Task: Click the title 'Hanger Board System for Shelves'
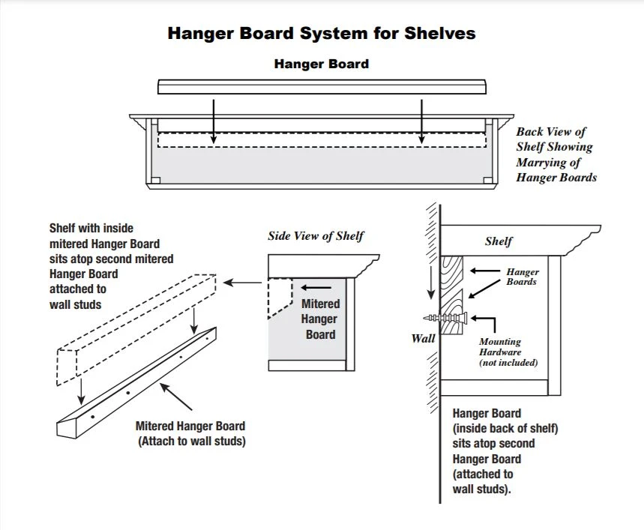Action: [x=321, y=34]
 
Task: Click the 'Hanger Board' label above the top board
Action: [x=321, y=64]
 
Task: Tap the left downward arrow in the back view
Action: [x=213, y=120]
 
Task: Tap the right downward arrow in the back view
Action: [x=422, y=120]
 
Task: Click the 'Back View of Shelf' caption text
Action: [x=556, y=154]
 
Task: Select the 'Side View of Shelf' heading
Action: [x=316, y=236]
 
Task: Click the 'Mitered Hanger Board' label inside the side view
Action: [x=320, y=319]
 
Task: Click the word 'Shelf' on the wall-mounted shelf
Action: [x=499, y=241]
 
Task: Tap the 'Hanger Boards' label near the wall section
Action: [x=522, y=277]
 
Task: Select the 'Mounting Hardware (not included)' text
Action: [x=509, y=352]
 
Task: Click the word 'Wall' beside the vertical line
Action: [x=423, y=338]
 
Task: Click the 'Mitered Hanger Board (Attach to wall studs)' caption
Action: [x=191, y=434]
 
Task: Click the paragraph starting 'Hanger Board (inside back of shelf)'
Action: [x=505, y=451]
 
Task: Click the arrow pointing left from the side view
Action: [x=243, y=283]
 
